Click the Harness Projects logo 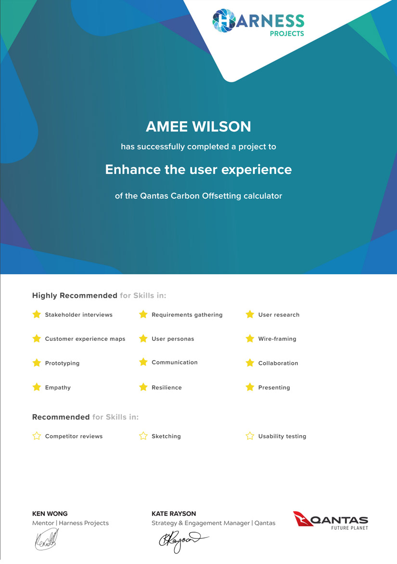tap(258, 22)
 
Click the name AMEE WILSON tap(198, 127)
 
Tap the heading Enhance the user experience tap(198, 169)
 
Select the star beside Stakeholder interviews tap(37, 314)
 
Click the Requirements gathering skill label tap(187, 315)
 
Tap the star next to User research tap(250, 314)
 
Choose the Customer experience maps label tap(85, 339)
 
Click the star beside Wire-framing tap(250, 338)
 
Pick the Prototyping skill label tap(62, 363)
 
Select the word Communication tap(175, 362)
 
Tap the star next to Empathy tap(37, 387)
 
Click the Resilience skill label tap(166, 388)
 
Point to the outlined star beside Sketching tap(143, 436)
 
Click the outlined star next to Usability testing tap(250, 436)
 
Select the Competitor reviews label tap(74, 436)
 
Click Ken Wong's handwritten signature tap(47, 539)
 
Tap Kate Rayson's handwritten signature tap(183, 540)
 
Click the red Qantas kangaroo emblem tap(303, 519)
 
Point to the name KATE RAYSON tap(174, 514)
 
